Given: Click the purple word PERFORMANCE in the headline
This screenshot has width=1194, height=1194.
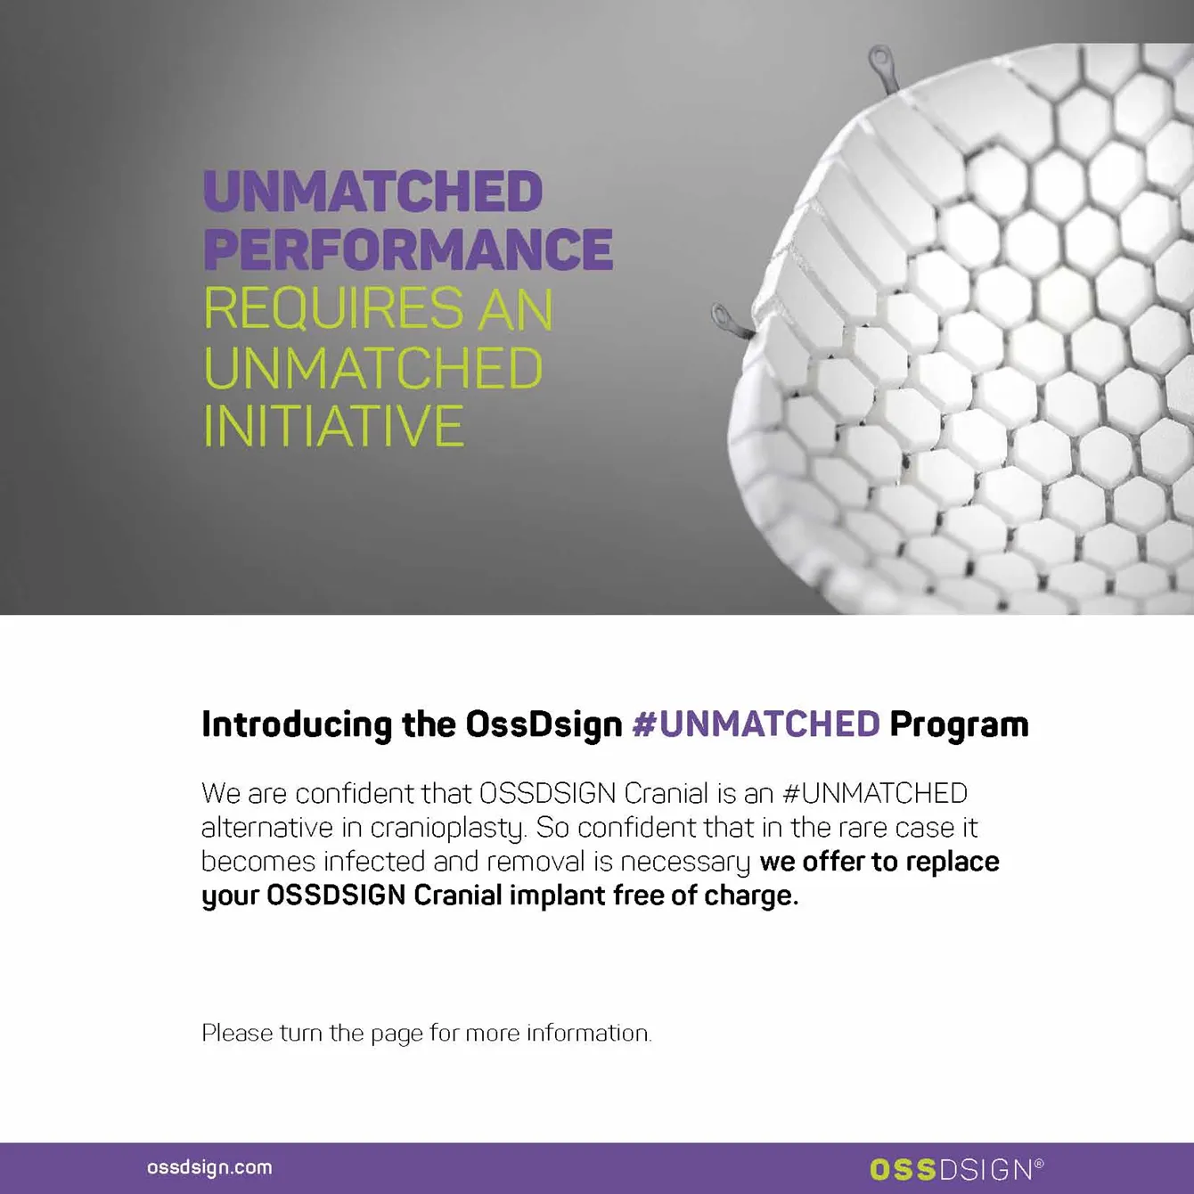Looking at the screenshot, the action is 408,249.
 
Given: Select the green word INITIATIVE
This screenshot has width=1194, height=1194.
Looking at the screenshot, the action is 333,426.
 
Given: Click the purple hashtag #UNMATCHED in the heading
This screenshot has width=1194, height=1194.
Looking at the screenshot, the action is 756,724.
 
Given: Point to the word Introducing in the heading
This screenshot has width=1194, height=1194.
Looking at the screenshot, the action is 297,724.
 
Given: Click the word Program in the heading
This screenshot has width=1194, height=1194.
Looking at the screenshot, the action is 959,724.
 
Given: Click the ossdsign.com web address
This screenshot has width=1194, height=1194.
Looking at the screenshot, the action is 209,1167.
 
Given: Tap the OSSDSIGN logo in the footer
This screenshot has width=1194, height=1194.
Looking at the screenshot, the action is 951,1169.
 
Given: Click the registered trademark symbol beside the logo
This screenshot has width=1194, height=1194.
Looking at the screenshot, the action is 1039,1163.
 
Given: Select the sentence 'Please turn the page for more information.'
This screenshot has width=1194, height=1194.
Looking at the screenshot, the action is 427,1033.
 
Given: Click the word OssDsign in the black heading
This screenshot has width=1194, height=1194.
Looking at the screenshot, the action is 544,724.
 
